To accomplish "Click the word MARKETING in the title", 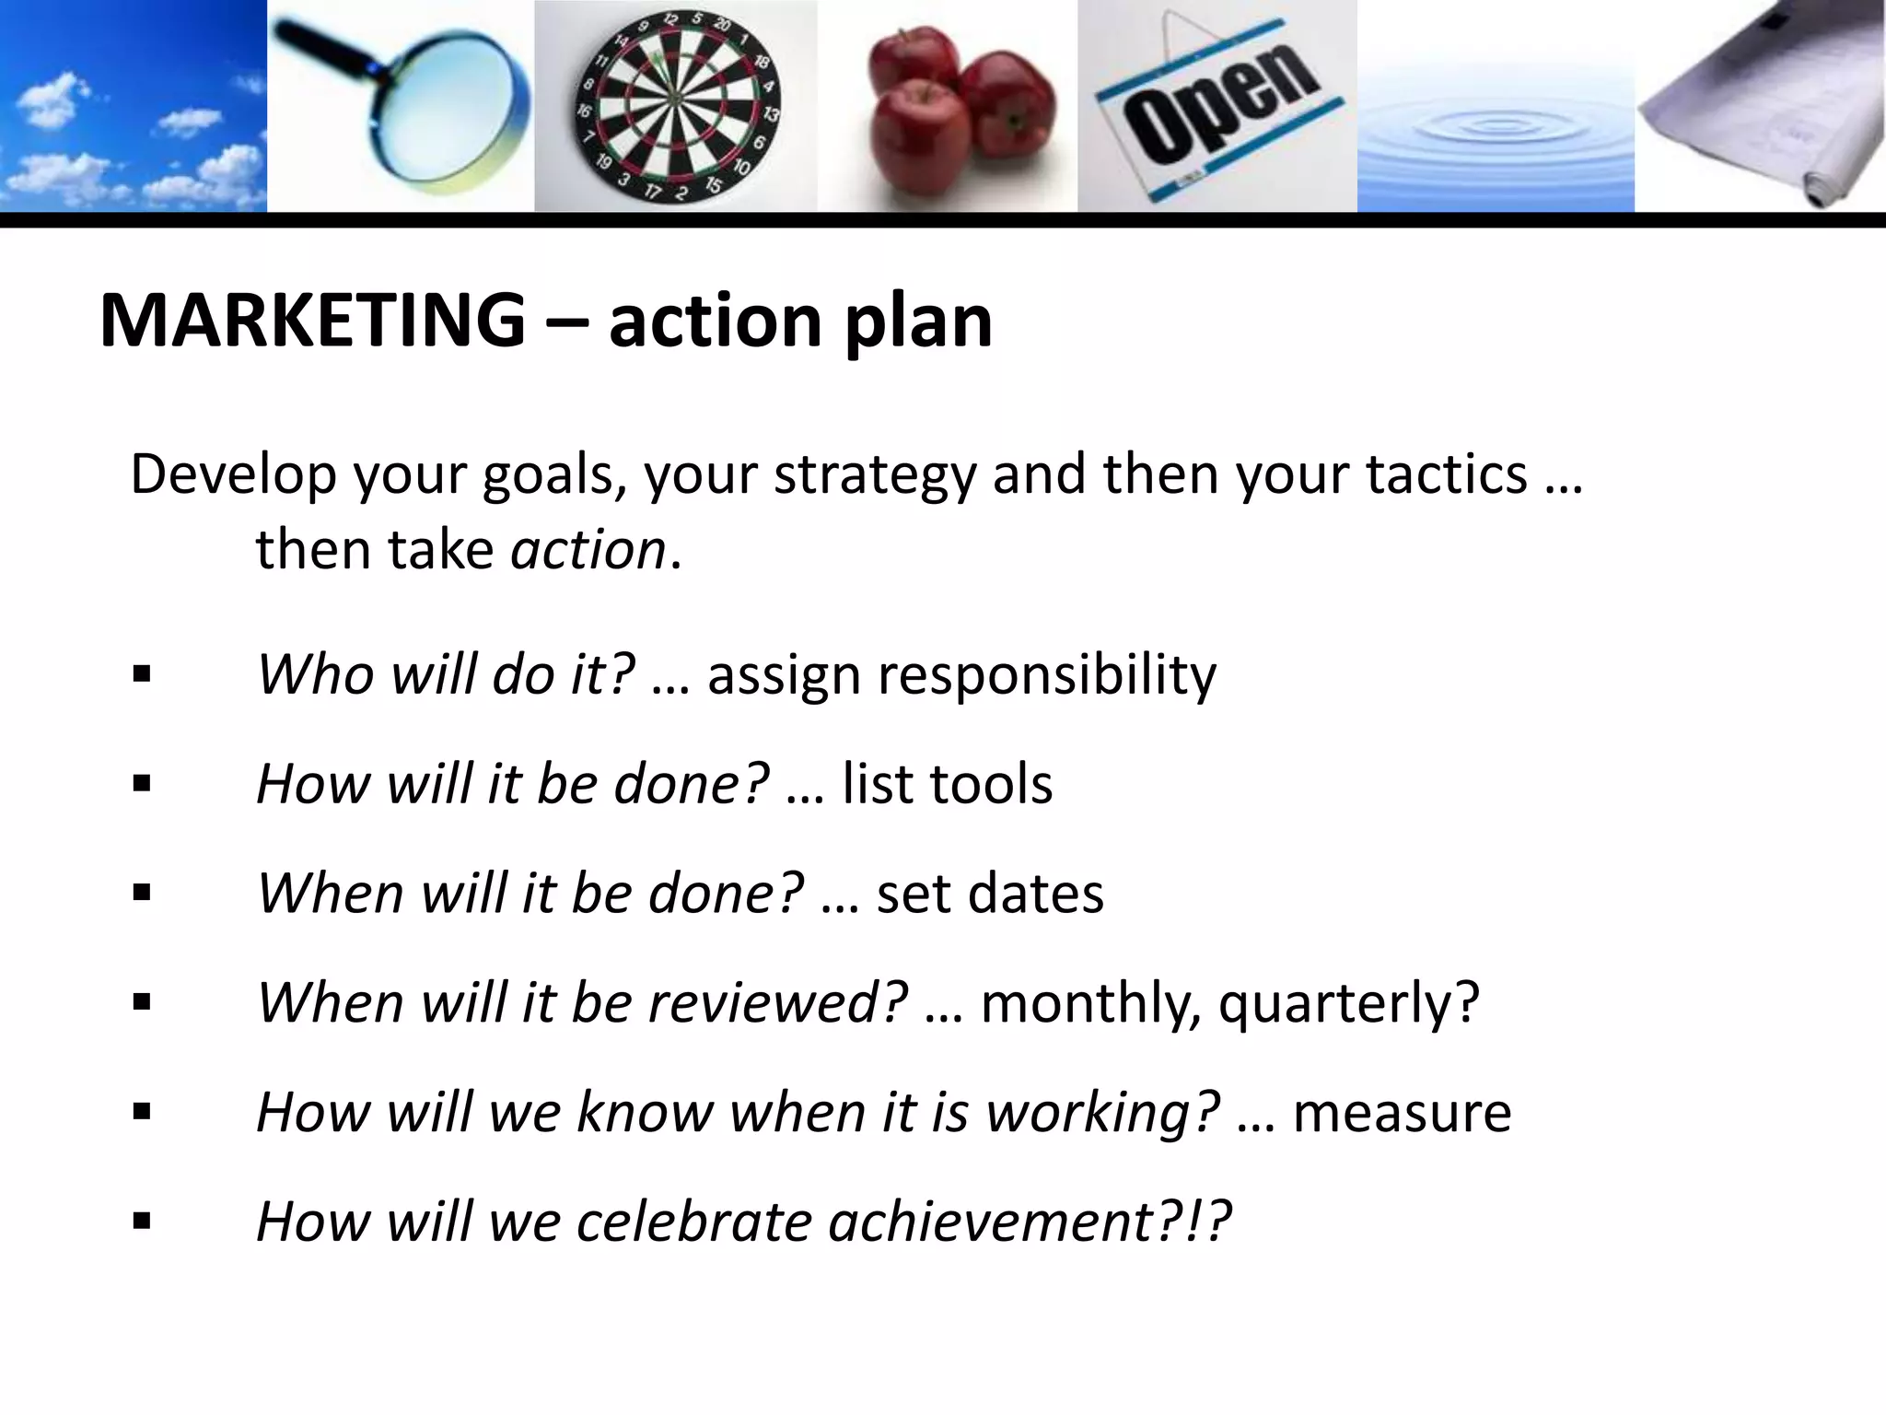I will (x=312, y=321).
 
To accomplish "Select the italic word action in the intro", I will (x=588, y=550).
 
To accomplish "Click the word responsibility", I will (x=1047, y=675).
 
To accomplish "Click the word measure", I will (x=1402, y=1112).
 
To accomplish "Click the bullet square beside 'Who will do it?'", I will (x=142, y=675).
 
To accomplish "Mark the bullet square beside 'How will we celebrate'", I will (x=142, y=1222).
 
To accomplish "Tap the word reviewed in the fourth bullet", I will (x=778, y=1002).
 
